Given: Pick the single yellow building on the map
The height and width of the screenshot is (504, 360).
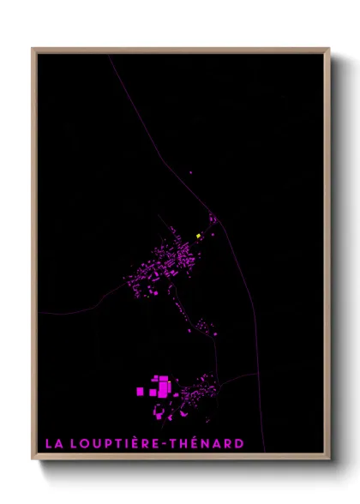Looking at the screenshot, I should [198, 236].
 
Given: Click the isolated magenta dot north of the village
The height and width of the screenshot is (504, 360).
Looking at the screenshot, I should [190, 176].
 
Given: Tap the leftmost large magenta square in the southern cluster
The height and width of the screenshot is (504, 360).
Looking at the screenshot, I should [141, 391].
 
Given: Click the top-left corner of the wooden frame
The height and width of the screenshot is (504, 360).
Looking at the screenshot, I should [33, 50].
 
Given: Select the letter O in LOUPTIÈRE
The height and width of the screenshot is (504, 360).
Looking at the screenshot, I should [87, 443].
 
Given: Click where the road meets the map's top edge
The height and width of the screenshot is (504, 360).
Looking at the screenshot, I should [110, 55].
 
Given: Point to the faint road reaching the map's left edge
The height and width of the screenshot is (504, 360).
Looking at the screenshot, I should [39, 314].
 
